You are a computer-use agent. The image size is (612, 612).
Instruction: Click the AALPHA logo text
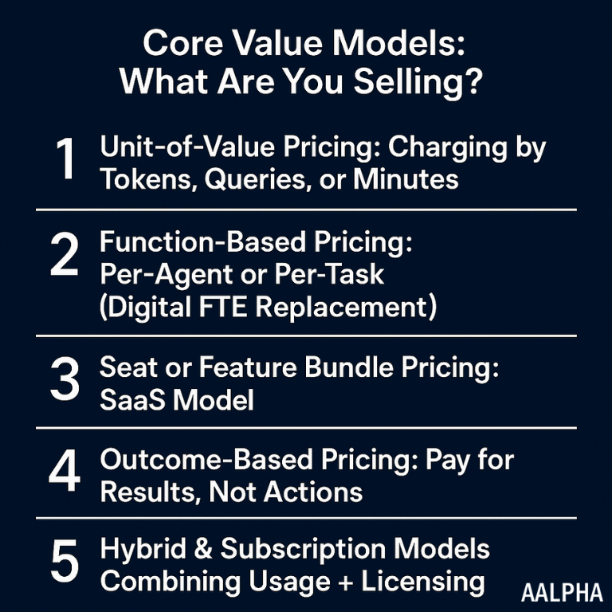click(x=562, y=593)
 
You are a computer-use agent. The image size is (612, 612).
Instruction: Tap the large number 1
click(x=65, y=159)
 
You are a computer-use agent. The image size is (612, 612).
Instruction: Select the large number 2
click(x=65, y=254)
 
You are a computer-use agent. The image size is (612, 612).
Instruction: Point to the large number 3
click(x=65, y=379)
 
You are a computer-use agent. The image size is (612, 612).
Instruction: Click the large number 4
click(x=65, y=471)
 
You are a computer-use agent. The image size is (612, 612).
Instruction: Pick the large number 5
click(x=65, y=560)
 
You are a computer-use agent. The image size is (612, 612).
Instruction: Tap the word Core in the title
click(x=183, y=43)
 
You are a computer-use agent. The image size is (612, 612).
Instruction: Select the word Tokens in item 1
click(x=149, y=180)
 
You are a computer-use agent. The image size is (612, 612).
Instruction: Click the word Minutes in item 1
click(x=406, y=179)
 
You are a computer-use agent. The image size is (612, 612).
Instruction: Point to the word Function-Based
click(x=203, y=241)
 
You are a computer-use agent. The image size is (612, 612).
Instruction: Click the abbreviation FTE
click(x=223, y=307)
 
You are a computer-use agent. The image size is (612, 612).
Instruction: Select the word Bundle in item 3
click(x=349, y=367)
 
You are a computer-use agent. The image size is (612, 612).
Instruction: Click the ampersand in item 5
click(x=203, y=548)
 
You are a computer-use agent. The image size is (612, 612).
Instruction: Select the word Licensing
click(x=423, y=583)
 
